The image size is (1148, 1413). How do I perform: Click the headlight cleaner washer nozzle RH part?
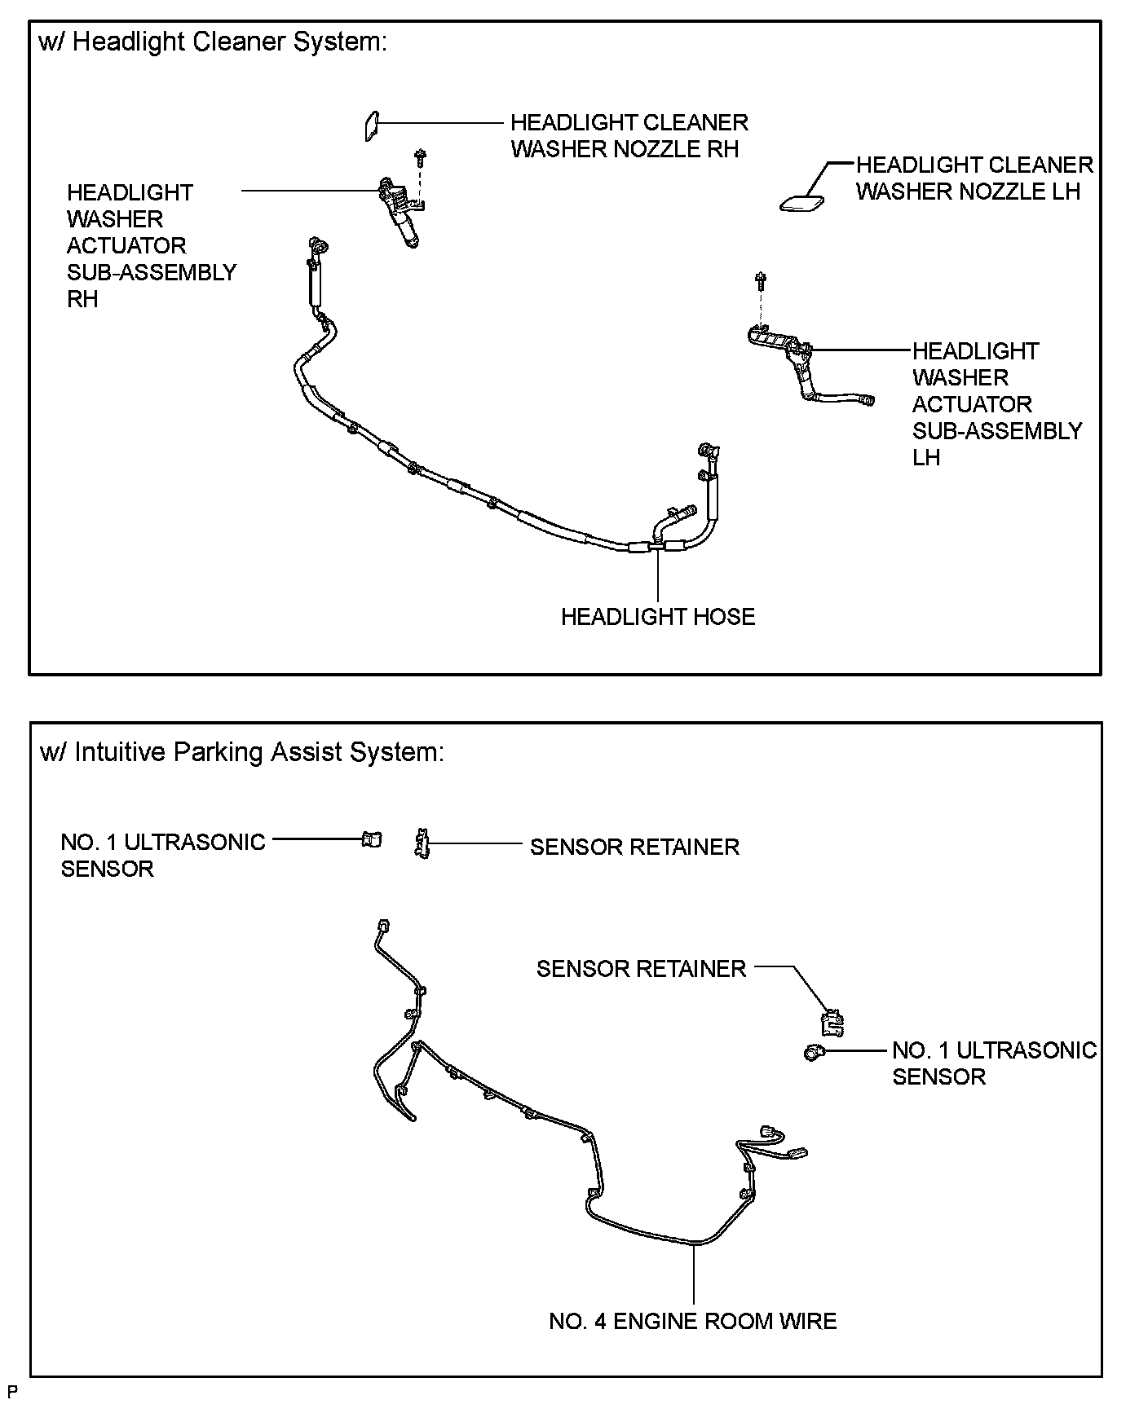[370, 125]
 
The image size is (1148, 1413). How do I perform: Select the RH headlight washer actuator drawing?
[399, 211]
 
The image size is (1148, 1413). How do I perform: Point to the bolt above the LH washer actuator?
[760, 282]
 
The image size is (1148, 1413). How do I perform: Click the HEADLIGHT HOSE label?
[658, 617]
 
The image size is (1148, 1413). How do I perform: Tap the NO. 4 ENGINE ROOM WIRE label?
[693, 1321]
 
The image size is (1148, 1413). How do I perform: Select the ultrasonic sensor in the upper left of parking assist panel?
[372, 839]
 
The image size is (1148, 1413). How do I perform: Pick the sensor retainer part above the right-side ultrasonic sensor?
[831, 1022]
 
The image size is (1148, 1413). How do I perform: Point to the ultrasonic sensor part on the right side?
[813, 1052]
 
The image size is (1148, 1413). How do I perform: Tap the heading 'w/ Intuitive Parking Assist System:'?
[242, 751]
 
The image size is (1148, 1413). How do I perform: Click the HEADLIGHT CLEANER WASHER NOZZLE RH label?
[629, 136]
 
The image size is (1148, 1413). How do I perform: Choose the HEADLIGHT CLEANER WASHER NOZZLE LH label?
[974, 178]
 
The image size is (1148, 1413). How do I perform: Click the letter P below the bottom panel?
[11, 1390]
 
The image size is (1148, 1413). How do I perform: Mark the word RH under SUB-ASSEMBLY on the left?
[82, 299]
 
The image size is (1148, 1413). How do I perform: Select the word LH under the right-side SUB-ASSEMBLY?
[926, 458]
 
